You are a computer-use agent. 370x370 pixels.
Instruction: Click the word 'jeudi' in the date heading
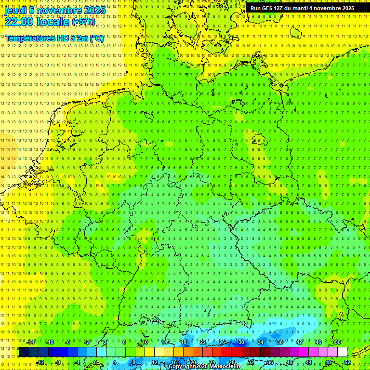(x=15, y=10)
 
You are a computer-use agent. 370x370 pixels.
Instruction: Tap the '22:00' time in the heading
(x=19, y=21)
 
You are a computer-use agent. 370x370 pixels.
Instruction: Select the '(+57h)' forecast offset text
(x=83, y=22)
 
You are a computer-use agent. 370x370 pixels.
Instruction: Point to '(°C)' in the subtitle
(x=96, y=38)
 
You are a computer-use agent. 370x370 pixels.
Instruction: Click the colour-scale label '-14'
(x=30, y=342)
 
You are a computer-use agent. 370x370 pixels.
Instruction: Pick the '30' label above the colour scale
(x=241, y=342)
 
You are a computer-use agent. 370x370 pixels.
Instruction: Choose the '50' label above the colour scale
(x=338, y=342)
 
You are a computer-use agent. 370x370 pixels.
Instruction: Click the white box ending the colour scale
(x=342, y=352)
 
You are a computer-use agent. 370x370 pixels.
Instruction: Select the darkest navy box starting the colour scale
(x=24, y=352)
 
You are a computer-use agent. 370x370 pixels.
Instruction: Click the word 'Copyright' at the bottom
(x=181, y=367)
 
